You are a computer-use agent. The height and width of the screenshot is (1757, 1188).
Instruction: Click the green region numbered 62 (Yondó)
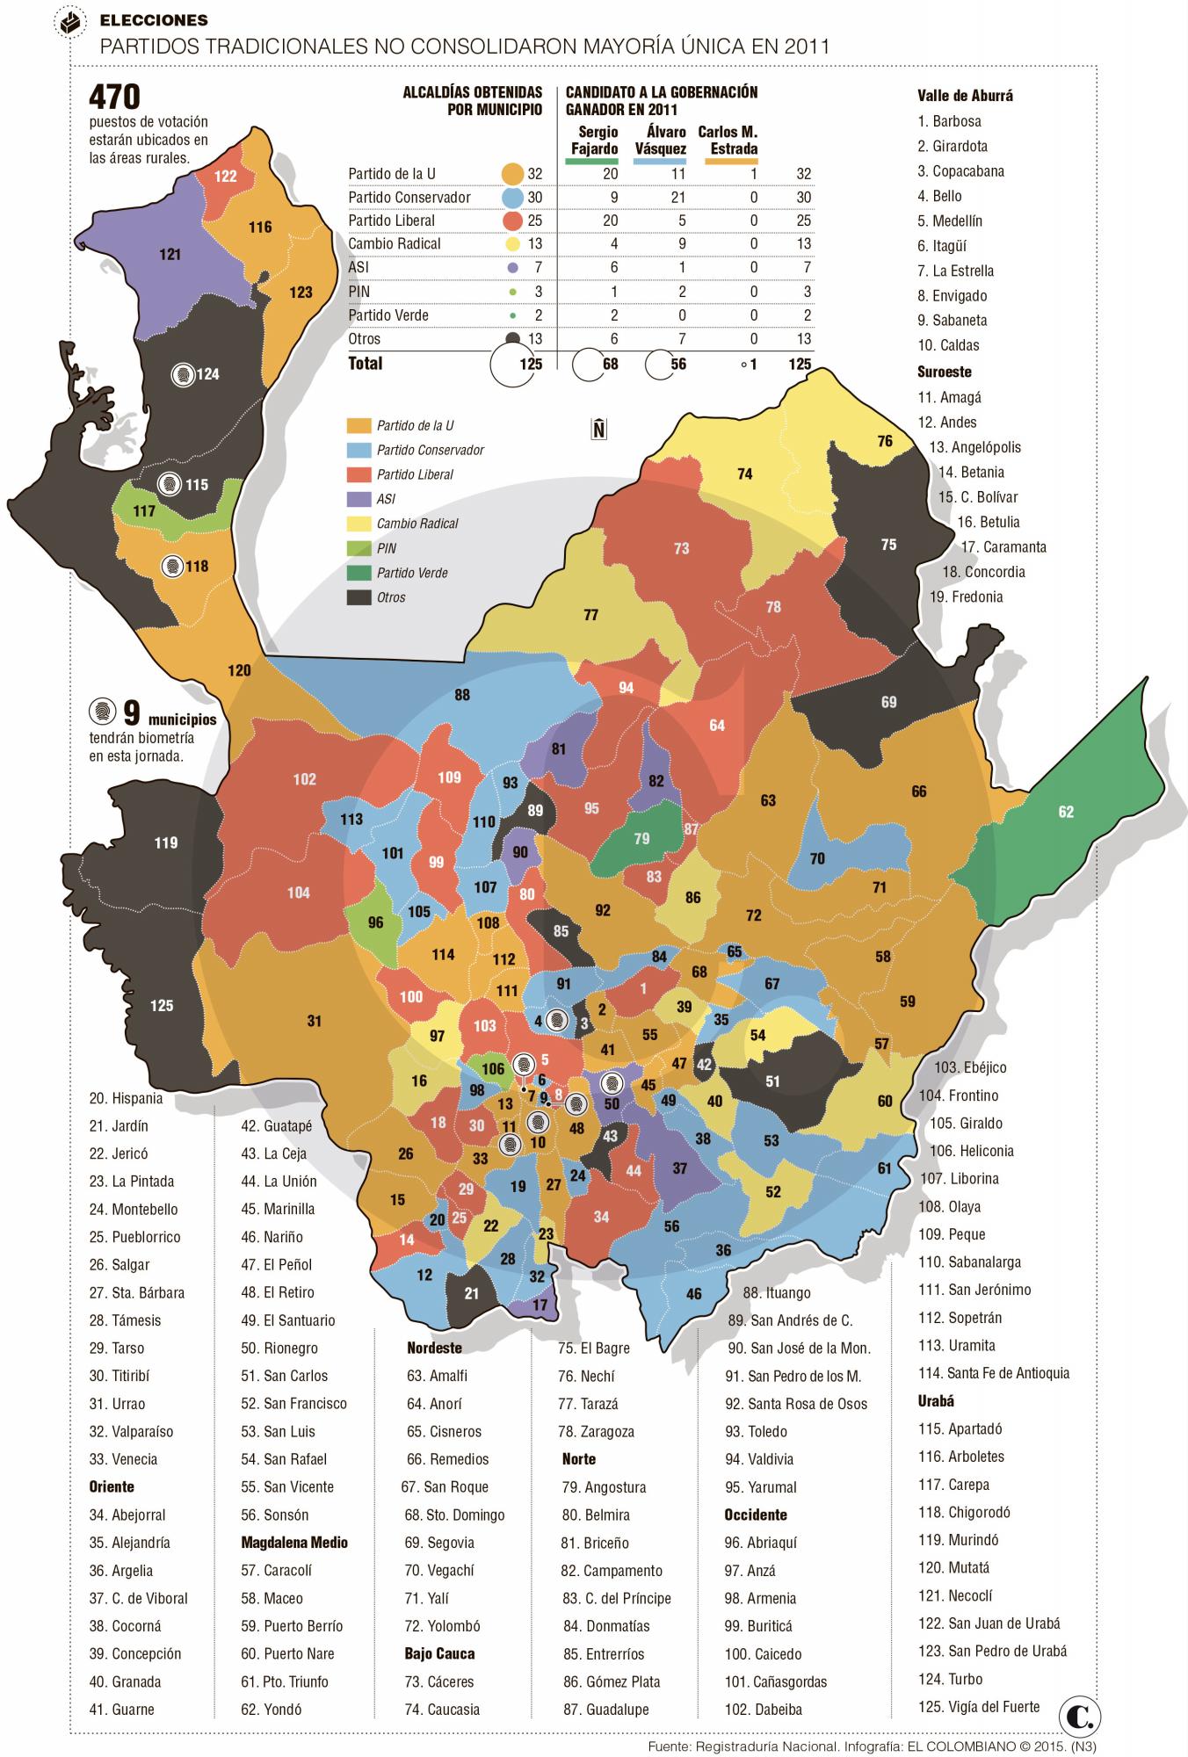pyautogui.click(x=1065, y=812)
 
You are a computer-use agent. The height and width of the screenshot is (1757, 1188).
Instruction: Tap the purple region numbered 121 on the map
pyautogui.click(x=170, y=254)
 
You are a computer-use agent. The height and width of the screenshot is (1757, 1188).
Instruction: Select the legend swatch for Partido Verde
pyautogui.click(x=359, y=573)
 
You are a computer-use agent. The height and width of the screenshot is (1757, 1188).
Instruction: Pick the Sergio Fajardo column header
pyautogui.click(x=595, y=140)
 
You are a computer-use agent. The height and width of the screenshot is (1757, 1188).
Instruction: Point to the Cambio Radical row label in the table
pyautogui.click(x=395, y=244)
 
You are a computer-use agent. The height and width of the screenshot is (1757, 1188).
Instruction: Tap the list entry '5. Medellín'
pyautogui.click(x=950, y=221)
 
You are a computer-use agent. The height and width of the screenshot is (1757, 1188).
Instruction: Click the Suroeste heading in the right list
pyautogui.click(x=945, y=372)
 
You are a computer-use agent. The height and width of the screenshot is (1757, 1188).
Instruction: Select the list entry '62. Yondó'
pyautogui.click(x=271, y=1710)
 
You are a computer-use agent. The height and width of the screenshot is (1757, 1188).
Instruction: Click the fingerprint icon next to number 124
pyautogui.click(x=183, y=374)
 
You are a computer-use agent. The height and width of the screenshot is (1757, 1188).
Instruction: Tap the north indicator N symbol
pyautogui.click(x=599, y=429)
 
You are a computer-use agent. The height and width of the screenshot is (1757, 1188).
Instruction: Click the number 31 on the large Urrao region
pyautogui.click(x=315, y=1021)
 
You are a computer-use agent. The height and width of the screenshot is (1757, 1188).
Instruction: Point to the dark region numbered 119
pyautogui.click(x=166, y=842)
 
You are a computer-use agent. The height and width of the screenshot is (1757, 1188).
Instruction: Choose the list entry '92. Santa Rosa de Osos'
pyautogui.click(x=796, y=1404)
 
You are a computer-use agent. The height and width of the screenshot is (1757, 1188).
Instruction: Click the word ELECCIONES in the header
pyautogui.click(x=154, y=20)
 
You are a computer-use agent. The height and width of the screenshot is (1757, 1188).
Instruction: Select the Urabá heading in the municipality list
pyautogui.click(x=936, y=1401)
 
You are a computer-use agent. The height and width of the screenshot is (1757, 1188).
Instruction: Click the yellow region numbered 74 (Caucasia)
pyautogui.click(x=744, y=474)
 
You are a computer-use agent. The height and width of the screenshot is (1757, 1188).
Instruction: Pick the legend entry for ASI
pyautogui.click(x=386, y=499)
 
